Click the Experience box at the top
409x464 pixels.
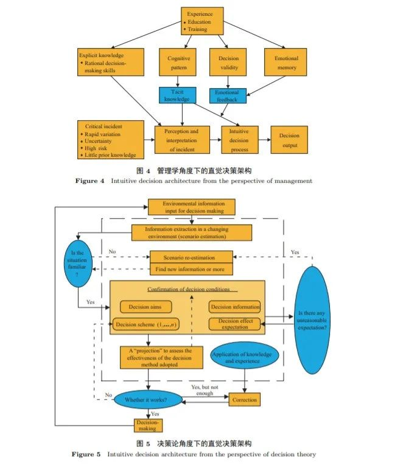click(x=202, y=21)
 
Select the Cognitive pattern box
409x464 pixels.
click(x=178, y=62)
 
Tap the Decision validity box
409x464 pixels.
click(x=228, y=62)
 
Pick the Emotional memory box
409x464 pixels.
click(x=285, y=62)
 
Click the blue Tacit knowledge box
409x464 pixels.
click(x=178, y=95)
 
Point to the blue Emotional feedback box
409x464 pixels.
click(x=228, y=96)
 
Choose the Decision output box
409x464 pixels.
click(x=289, y=140)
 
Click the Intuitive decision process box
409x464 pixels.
click(x=240, y=140)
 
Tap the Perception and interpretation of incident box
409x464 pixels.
click(x=182, y=140)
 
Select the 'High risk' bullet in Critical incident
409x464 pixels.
click(x=94, y=148)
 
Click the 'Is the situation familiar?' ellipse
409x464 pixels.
click(x=78, y=264)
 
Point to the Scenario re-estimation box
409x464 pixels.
click(x=191, y=257)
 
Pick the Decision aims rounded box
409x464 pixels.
click(x=145, y=307)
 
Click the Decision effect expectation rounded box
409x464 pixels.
click(x=234, y=324)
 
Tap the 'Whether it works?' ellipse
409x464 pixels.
click(x=148, y=400)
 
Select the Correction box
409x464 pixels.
click(x=245, y=400)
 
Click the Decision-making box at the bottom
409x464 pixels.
click(x=149, y=426)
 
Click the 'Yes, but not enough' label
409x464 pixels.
click(x=204, y=390)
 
